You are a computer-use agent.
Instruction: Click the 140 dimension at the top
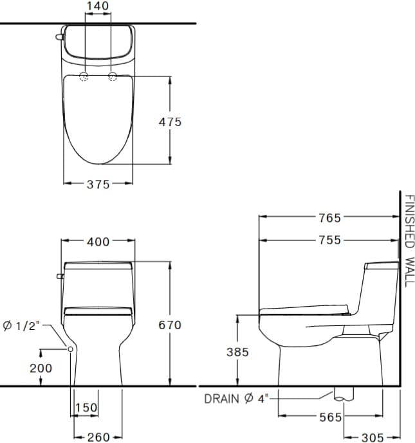point(98,6)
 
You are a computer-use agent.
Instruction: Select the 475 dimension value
point(171,122)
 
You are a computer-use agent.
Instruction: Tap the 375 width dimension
point(98,184)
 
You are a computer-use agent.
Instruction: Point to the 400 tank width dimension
point(98,242)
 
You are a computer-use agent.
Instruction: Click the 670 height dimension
point(170,325)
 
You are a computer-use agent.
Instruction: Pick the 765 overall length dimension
point(329,218)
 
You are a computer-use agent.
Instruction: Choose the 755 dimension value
point(329,241)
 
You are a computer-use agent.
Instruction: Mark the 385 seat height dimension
point(237,352)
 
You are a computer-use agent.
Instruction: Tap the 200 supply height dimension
point(41,368)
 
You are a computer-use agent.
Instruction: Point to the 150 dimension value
point(86,408)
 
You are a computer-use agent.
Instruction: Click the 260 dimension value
point(98,437)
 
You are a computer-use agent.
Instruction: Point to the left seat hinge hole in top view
point(84,77)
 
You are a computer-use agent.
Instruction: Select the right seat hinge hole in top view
point(113,77)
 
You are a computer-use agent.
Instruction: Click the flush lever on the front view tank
point(60,276)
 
